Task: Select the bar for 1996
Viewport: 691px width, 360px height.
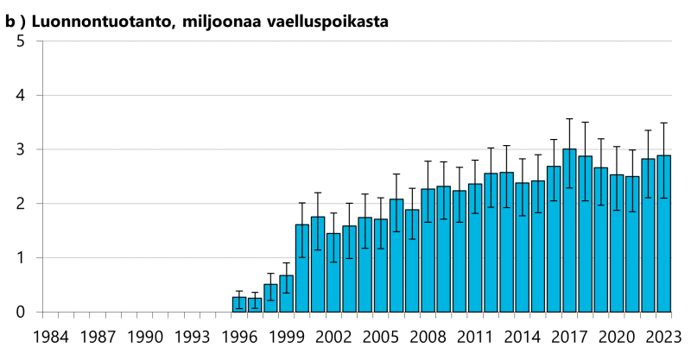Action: coord(239,305)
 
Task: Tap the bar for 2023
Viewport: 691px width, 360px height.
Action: coord(664,233)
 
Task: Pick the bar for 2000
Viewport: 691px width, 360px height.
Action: coord(302,268)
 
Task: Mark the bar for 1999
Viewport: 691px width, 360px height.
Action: coord(287,294)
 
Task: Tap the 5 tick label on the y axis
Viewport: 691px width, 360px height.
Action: coord(20,41)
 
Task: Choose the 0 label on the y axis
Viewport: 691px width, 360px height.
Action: coord(20,313)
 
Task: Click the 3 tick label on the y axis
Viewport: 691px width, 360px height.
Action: coord(20,150)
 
